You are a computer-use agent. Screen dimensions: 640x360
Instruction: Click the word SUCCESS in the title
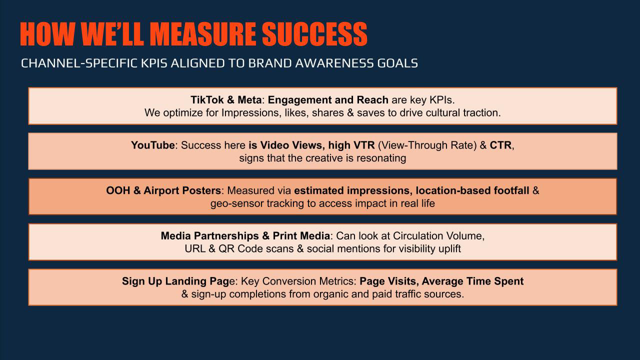[x=314, y=34]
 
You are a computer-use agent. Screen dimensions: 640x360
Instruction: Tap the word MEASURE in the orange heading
[x=203, y=34]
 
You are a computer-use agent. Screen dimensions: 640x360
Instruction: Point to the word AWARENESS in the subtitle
[x=334, y=63]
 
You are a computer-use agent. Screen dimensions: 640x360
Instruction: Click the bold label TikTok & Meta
[x=226, y=100]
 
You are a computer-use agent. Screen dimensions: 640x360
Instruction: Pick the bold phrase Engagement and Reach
[x=328, y=100]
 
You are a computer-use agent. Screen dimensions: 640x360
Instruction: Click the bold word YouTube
[x=153, y=145]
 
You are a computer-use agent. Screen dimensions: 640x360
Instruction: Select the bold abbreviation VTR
[x=364, y=145]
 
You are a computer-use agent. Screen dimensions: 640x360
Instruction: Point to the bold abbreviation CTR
[x=500, y=145]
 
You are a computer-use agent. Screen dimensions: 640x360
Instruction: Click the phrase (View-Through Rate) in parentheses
[x=427, y=145]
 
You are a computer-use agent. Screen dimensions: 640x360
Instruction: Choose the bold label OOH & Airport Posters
[x=163, y=190]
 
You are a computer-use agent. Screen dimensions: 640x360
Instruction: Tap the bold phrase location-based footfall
[x=472, y=190]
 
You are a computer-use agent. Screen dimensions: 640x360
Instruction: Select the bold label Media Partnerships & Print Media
[x=245, y=236]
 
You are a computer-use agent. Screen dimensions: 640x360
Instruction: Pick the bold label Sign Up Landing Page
[x=175, y=281]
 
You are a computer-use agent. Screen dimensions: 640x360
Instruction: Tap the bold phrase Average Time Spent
[x=472, y=281]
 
